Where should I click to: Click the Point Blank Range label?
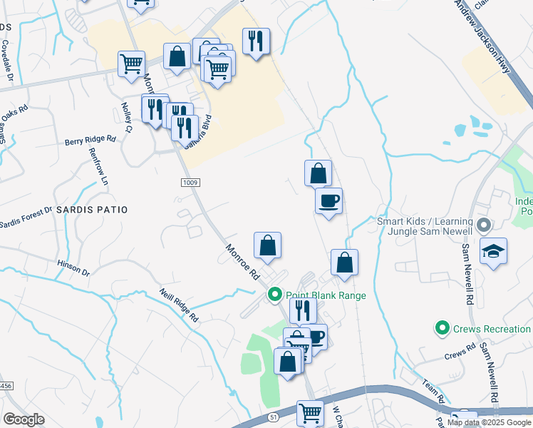[x=326, y=295]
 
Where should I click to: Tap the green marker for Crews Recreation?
[x=443, y=329]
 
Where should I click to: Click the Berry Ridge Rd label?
[x=90, y=141]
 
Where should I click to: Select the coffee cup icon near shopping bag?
[x=328, y=200]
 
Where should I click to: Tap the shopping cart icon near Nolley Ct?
[x=132, y=63]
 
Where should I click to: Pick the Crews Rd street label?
[x=460, y=352]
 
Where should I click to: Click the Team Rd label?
[x=433, y=390]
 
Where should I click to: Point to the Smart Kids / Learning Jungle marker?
[x=484, y=226]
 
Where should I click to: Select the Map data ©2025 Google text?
[x=490, y=422]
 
